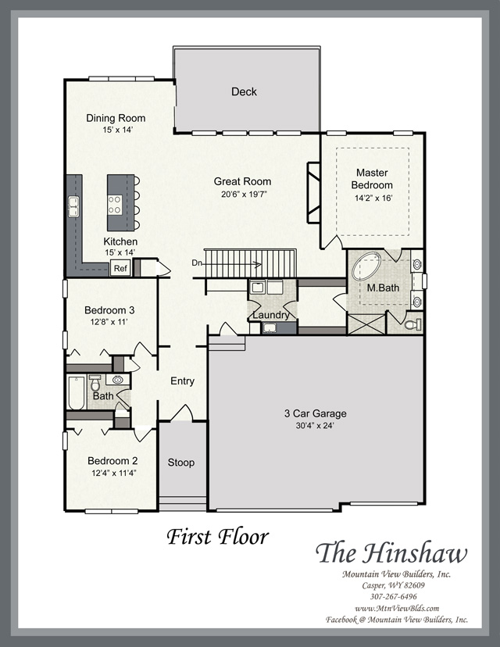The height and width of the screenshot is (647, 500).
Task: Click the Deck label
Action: [x=244, y=91]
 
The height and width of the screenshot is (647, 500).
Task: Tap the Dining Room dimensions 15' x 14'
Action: [x=117, y=130]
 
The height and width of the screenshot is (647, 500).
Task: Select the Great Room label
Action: [x=242, y=181]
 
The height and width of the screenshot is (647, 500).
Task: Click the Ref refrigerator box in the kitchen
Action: [x=120, y=268]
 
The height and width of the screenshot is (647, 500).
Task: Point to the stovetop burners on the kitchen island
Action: [x=115, y=205]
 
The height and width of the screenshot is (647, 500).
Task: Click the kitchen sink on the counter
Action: [x=73, y=207]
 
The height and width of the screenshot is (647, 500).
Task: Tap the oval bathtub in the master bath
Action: [x=366, y=266]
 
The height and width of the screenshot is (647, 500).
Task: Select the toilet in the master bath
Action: [x=413, y=324]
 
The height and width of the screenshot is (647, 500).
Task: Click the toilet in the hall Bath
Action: [x=95, y=383]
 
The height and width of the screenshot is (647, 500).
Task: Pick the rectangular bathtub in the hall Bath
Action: [x=77, y=392]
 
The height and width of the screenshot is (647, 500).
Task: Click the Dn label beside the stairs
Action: [x=197, y=263]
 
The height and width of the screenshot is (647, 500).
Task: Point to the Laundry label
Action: [x=271, y=315]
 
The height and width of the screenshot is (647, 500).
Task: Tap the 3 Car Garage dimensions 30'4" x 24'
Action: [x=315, y=425]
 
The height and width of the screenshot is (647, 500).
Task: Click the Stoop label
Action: [x=181, y=463]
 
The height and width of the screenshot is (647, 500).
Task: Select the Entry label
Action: [x=182, y=381]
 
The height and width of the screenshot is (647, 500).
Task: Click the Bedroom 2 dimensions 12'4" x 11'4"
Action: [x=114, y=473]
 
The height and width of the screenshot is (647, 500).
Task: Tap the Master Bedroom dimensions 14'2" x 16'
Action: [x=373, y=198]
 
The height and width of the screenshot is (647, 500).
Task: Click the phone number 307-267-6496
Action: [x=393, y=597]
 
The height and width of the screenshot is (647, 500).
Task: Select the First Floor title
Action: [x=218, y=536]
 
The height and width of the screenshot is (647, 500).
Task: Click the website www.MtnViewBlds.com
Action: [x=396, y=608]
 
